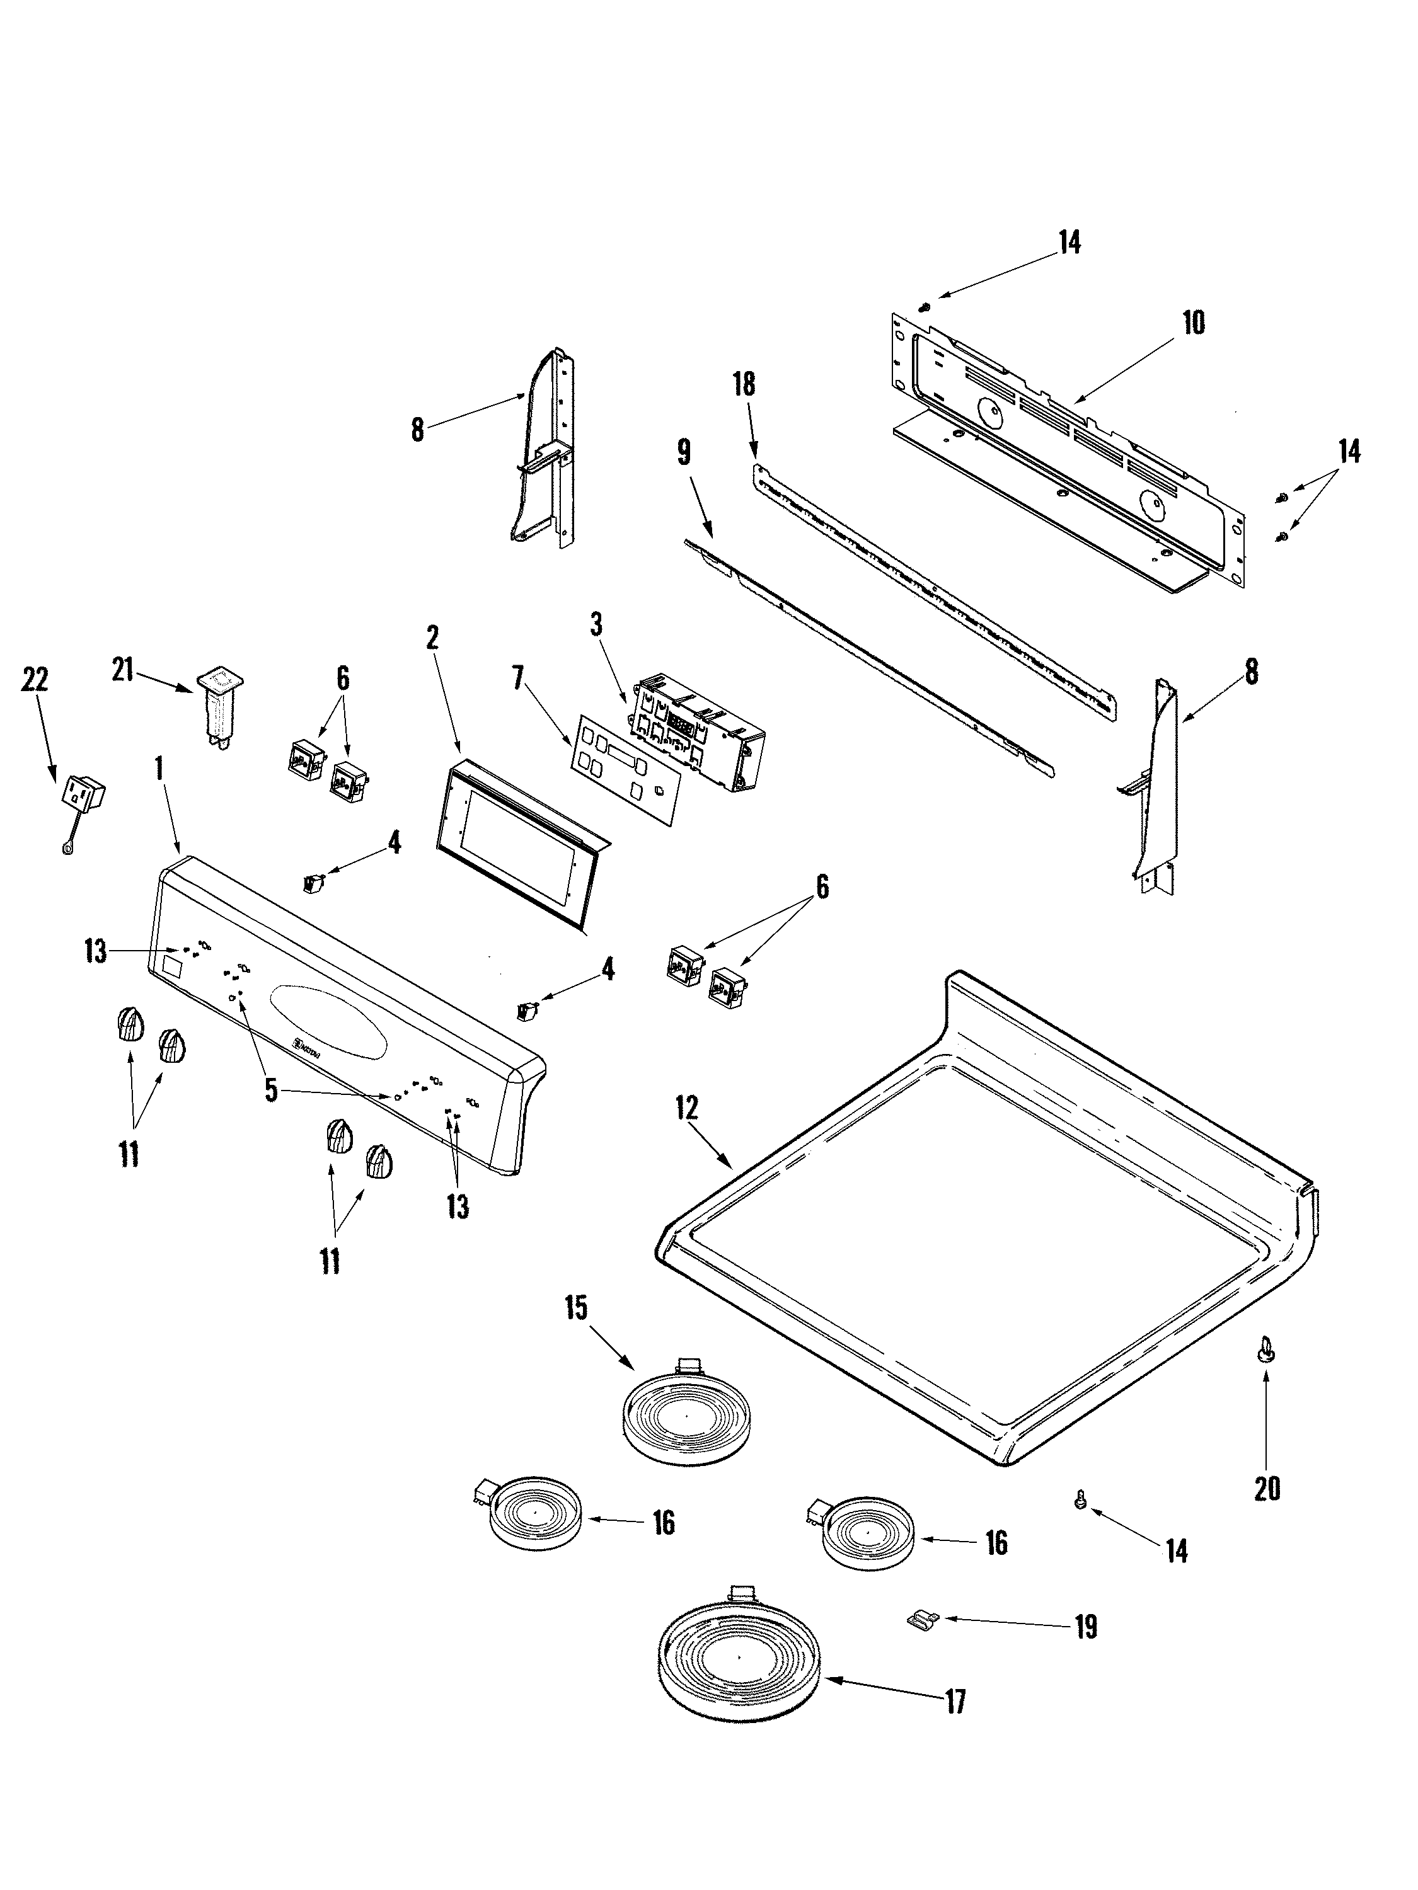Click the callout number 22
click(x=35, y=680)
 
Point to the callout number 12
click(x=686, y=1110)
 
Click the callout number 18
click(x=744, y=384)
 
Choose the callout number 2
click(x=432, y=638)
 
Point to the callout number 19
click(x=1085, y=1628)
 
